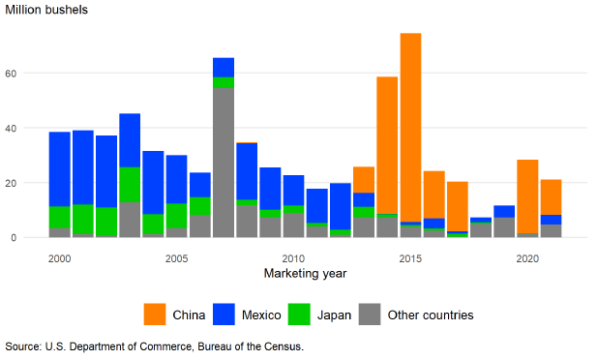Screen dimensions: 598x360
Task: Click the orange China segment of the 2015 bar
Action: click(x=410, y=128)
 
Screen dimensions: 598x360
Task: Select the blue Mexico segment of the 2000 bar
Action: click(x=60, y=169)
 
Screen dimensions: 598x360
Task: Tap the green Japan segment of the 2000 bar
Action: click(x=60, y=217)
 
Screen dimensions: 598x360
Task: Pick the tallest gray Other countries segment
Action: click(x=224, y=163)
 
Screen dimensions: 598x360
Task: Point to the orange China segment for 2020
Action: click(x=527, y=196)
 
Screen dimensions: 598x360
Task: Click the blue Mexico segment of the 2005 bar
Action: click(x=176, y=179)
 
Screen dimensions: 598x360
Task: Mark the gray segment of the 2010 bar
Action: click(x=293, y=225)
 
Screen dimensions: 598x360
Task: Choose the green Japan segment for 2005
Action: click(x=176, y=216)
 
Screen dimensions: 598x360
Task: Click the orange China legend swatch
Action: click(x=155, y=315)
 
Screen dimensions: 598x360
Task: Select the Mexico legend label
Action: click(x=261, y=315)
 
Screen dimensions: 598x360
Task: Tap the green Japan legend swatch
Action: click(x=299, y=315)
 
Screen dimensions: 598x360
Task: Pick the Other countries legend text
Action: click(x=431, y=315)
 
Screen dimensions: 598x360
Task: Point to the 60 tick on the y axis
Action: click(x=11, y=74)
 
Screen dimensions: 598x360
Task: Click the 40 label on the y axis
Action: click(x=11, y=128)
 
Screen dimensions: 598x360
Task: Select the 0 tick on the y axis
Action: click(x=14, y=238)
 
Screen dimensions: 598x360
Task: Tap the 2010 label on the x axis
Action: click(x=293, y=258)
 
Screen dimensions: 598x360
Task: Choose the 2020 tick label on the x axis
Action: click(x=527, y=258)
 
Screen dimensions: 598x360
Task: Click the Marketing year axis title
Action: click(x=305, y=273)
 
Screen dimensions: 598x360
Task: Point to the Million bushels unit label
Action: click(x=46, y=10)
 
